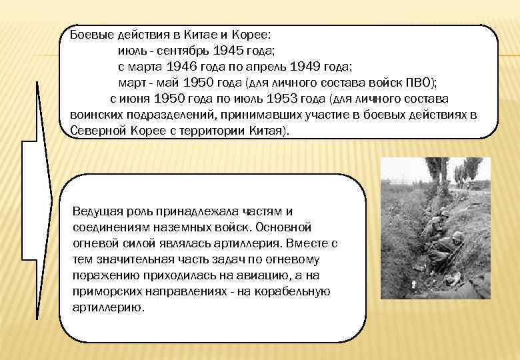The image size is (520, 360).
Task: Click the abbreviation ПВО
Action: coord(421,83)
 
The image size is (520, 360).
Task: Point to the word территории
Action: coord(203,131)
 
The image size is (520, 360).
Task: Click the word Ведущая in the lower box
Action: coord(96,211)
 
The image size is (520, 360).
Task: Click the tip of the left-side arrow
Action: coord(53,197)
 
